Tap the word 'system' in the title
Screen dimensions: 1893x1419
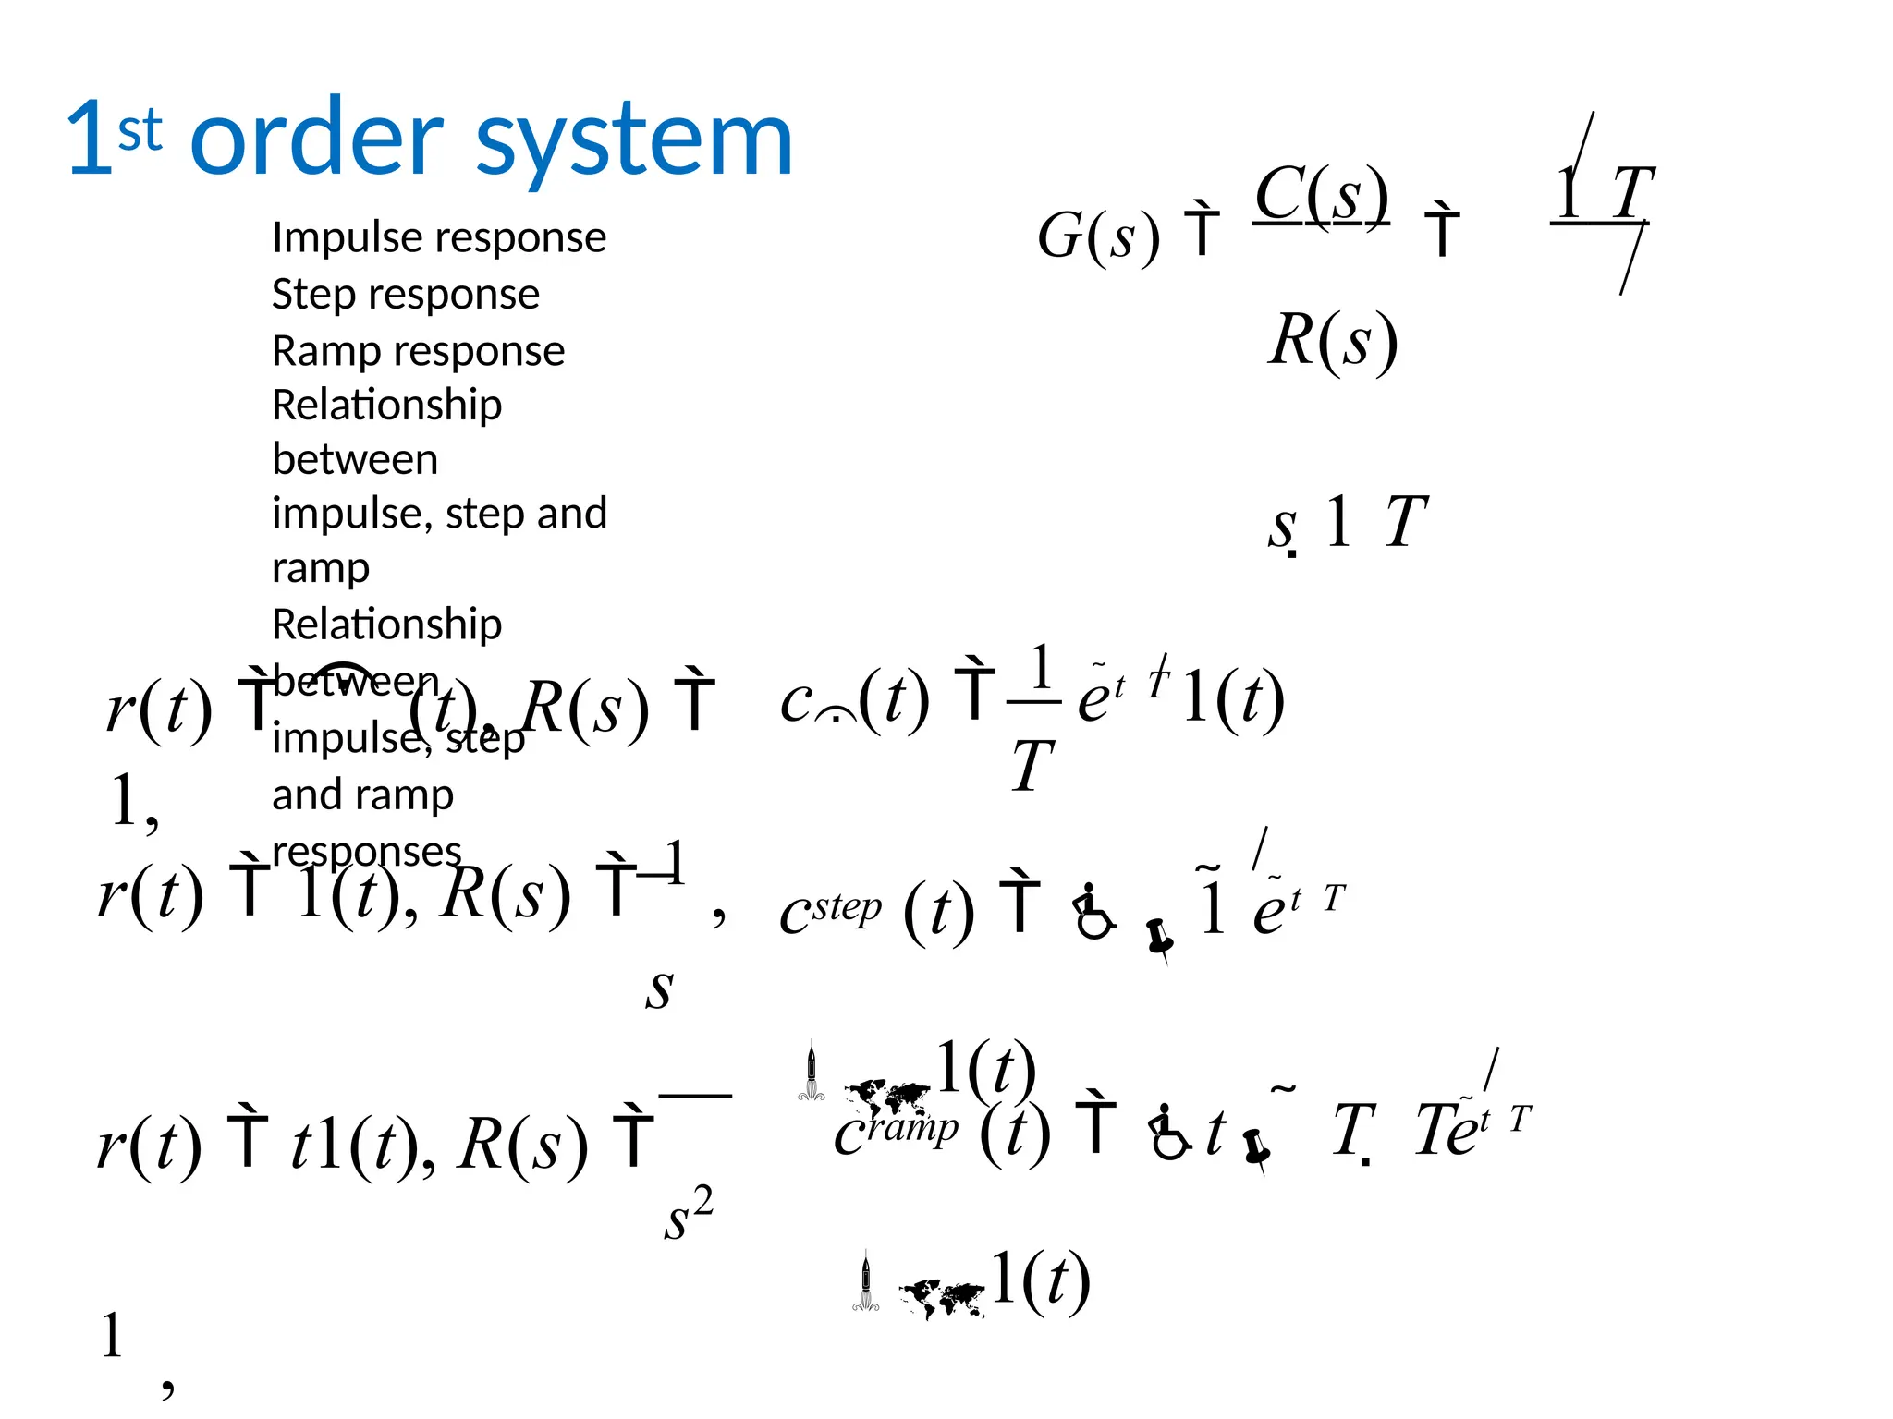click(x=634, y=140)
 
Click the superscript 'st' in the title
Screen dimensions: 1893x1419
click(x=140, y=130)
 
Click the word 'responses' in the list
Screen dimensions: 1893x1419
click(x=366, y=851)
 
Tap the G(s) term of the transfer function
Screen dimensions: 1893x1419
click(x=1098, y=236)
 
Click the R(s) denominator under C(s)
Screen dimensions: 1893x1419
click(x=1332, y=340)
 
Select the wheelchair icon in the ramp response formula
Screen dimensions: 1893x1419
click(x=1169, y=1131)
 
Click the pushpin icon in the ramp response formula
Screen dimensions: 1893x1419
click(x=1255, y=1148)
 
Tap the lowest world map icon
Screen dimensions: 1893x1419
click(x=942, y=1298)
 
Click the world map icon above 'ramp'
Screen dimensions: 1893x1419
click(x=886, y=1097)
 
